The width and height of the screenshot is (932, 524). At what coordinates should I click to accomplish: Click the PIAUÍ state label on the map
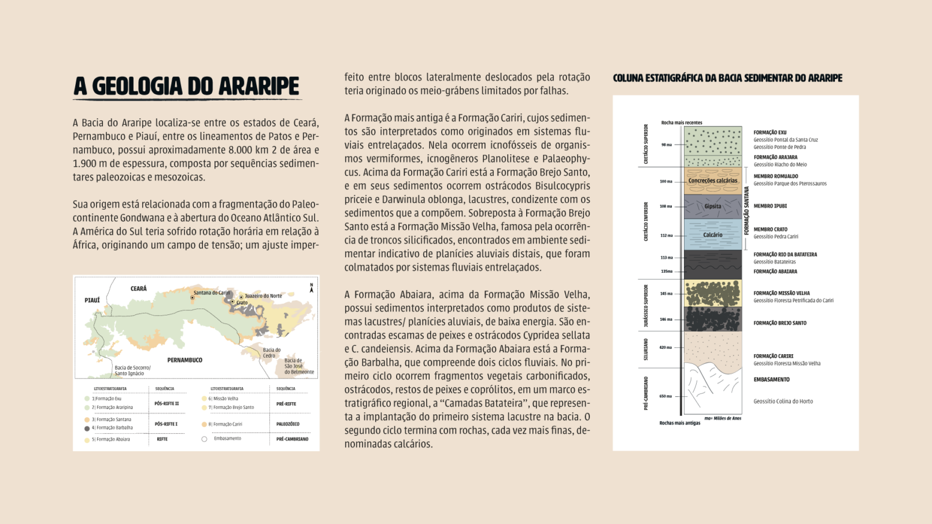coord(92,300)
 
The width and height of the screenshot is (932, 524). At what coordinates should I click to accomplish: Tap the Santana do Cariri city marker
coord(193,298)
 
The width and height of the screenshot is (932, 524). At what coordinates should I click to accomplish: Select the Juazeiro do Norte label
coord(263,296)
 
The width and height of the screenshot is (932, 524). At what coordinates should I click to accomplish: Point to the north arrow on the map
coord(312,288)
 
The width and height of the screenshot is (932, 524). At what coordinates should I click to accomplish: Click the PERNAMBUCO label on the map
coord(184,360)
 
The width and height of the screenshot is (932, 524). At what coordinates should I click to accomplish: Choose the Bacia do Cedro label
coord(272,352)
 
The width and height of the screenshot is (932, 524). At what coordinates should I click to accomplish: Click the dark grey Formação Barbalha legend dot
coord(87,429)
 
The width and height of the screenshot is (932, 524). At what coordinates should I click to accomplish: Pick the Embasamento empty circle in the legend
coord(204,439)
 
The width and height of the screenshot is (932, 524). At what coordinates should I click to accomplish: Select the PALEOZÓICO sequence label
coord(287,424)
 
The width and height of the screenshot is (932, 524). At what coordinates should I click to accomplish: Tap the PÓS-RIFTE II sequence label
coord(167,404)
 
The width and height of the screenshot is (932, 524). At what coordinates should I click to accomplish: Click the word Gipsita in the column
coord(712,206)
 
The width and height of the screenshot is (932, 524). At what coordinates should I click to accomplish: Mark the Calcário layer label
coord(712,235)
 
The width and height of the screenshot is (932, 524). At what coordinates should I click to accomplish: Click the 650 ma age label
coord(665,396)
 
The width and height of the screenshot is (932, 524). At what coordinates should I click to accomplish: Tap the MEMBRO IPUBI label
coord(770,206)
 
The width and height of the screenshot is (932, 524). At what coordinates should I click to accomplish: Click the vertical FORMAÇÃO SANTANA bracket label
coord(746,210)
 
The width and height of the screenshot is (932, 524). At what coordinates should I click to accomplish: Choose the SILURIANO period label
coord(646,350)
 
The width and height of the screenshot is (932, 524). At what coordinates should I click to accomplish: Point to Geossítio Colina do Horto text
coord(783,402)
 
